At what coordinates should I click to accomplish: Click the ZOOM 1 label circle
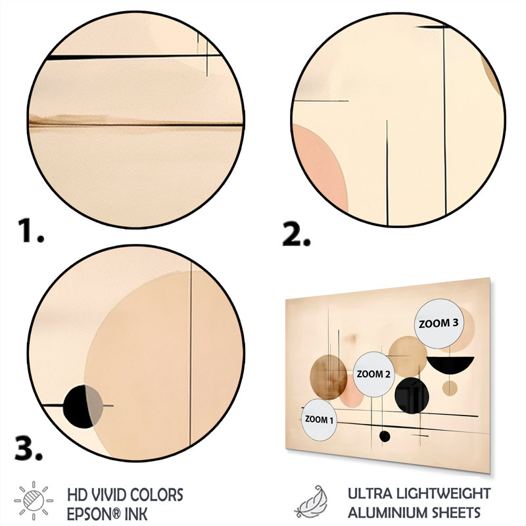pos(319,419)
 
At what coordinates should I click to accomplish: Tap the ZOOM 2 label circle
pos(373,374)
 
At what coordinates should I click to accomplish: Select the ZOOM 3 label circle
pos(439,323)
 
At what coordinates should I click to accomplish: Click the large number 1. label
pos(31,230)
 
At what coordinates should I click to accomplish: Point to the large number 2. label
pos(297,233)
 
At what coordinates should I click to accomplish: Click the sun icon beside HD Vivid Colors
pos(34,500)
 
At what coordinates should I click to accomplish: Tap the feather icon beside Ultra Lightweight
pos(311,501)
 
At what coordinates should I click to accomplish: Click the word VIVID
pos(105,495)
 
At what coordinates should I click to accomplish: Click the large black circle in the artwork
pos(412,396)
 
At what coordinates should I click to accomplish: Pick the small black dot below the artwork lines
pos(385,437)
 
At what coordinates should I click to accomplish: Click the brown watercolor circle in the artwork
pos(328,377)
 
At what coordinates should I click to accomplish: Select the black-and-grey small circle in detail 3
pos(83,406)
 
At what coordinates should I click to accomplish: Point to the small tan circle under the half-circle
pos(450,388)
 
